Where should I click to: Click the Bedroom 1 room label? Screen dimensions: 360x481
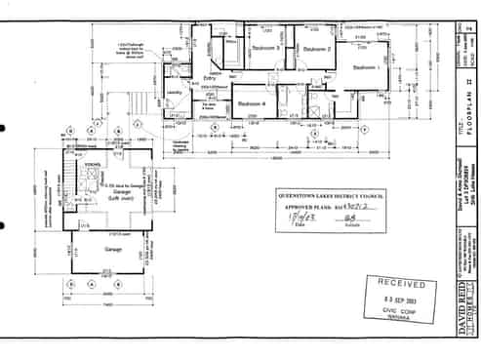click(x=364, y=67)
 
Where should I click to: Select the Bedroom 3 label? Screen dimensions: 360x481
click(x=265, y=48)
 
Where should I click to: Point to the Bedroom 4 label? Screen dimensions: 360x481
click(x=252, y=102)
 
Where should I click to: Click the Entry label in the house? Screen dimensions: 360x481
click(x=210, y=77)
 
